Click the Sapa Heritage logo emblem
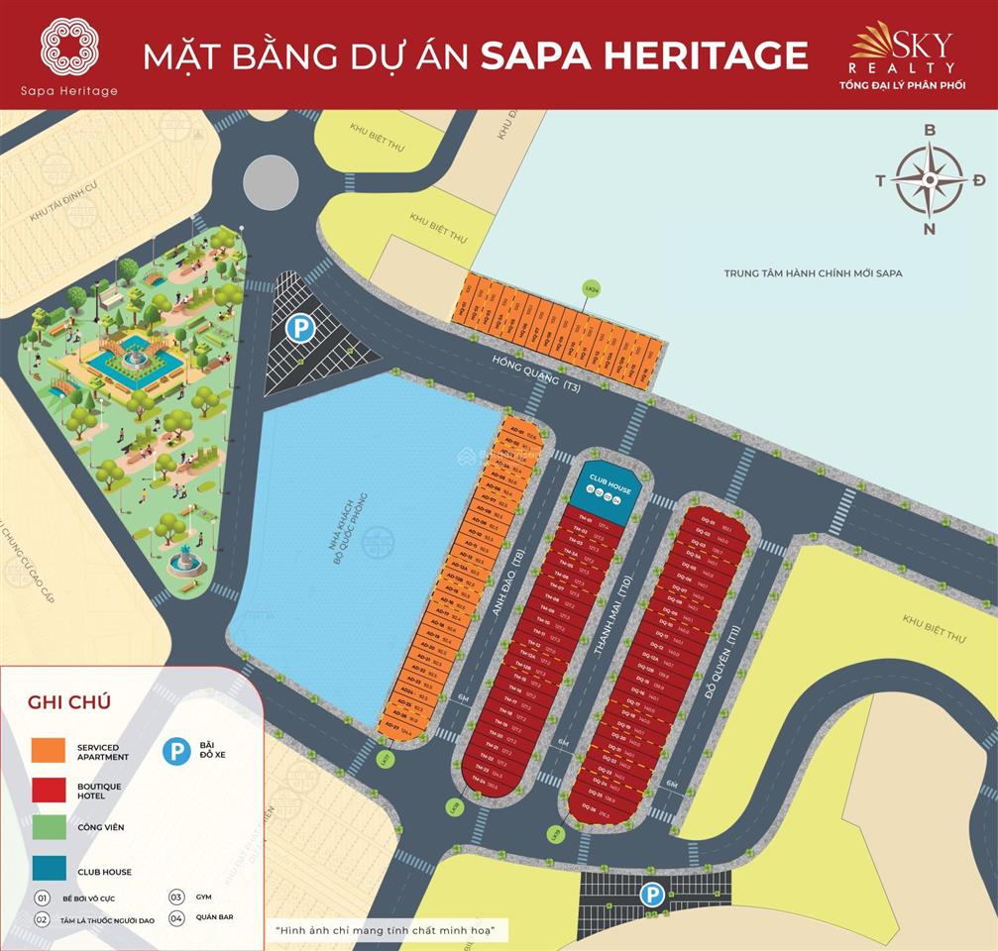point(68,46)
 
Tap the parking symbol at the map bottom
point(651,895)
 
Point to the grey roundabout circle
point(271,182)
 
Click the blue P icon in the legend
point(176,752)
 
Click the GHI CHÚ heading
point(69,702)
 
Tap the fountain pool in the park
point(136,364)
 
